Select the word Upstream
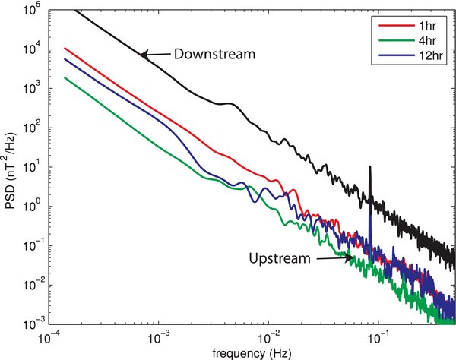(278, 258)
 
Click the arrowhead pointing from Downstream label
(142, 54)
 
